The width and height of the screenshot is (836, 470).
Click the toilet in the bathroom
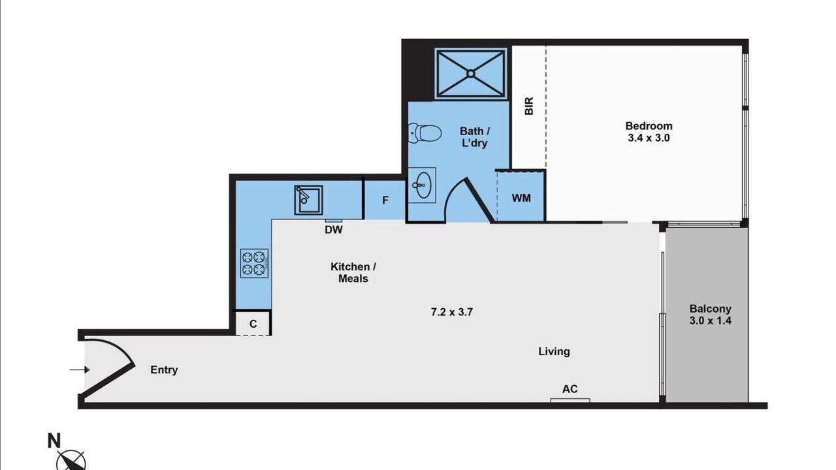point(425,133)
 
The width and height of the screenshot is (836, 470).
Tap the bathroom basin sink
point(422,185)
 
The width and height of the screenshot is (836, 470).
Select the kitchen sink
point(308,200)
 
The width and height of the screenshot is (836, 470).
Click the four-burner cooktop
point(254,263)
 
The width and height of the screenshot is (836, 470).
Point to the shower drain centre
point(471,74)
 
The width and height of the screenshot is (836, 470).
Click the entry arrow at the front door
point(80,369)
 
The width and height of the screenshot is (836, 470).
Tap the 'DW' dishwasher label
point(333,230)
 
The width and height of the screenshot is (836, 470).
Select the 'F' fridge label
point(385,200)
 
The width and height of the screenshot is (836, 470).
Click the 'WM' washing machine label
point(521,198)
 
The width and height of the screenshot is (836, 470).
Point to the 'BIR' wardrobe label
point(529,106)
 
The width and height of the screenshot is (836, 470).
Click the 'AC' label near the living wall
point(570,389)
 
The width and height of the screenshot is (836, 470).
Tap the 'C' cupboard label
point(253,324)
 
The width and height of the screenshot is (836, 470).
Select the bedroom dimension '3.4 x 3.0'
point(649,138)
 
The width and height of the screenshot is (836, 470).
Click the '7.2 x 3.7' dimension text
point(451,312)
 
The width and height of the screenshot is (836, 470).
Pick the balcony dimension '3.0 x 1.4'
point(710,321)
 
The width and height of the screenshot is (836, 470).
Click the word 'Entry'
point(164,370)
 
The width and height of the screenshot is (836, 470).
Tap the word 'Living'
point(554,351)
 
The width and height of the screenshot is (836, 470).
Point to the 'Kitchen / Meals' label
point(353,273)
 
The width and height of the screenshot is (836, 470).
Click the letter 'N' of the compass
point(54,441)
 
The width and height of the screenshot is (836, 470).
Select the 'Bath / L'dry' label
point(475,137)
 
